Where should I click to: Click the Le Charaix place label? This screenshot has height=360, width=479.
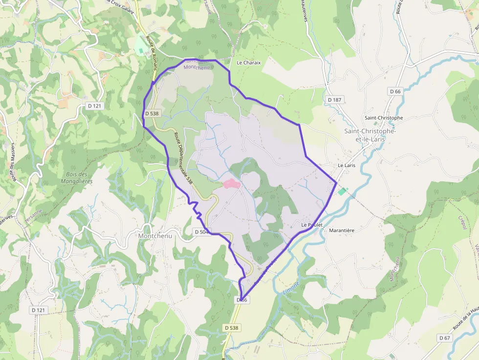tap(249, 63)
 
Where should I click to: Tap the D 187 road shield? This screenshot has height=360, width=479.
tap(334, 100)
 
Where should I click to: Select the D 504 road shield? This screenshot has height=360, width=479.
tap(201, 232)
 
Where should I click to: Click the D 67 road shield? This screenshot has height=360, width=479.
tap(444, 338)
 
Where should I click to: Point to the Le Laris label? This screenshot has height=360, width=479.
tap(347, 166)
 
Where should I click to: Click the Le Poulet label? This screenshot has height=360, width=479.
tap(312, 225)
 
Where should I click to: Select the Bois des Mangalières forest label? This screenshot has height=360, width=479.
tap(76, 178)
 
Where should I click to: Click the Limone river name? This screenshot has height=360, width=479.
tap(291, 289)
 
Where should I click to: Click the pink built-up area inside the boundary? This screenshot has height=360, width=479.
tap(231, 184)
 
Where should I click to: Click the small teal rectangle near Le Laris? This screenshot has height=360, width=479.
tap(342, 191)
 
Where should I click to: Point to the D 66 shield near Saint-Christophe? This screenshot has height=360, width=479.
tap(395, 91)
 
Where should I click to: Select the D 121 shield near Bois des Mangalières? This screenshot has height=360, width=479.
tap(94, 106)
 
